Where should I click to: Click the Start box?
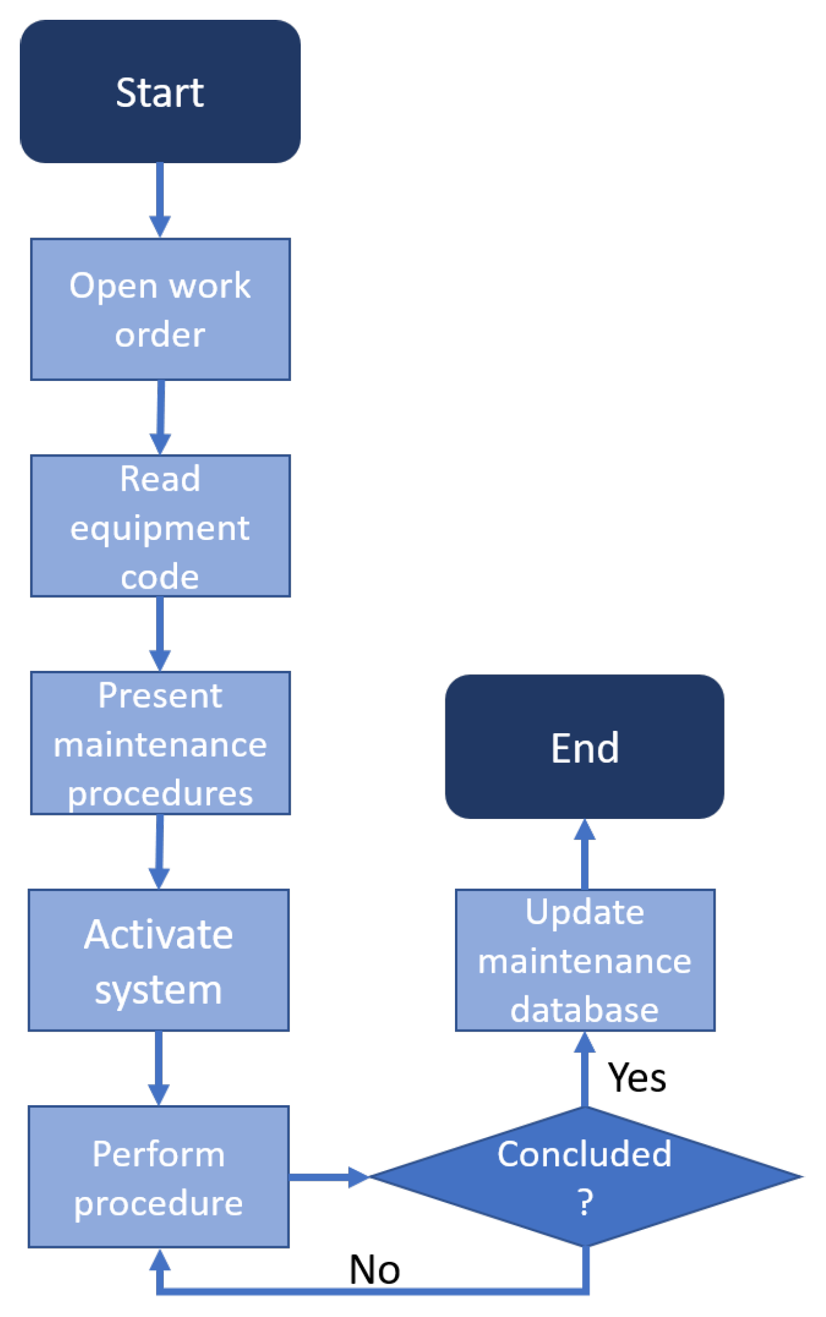pyautogui.click(x=160, y=91)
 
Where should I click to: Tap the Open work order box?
pyautogui.click(x=160, y=309)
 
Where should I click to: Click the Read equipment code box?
pyautogui.click(x=160, y=526)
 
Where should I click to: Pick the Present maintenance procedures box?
pyautogui.click(x=160, y=743)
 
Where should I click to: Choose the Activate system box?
pyautogui.click(x=158, y=959)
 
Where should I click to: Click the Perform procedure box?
pyautogui.click(x=158, y=1177)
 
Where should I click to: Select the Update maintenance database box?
pyautogui.click(x=585, y=959)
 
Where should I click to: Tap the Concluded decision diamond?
pyautogui.click(x=585, y=1175)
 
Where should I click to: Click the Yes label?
pyautogui.click(x=636, y=1078)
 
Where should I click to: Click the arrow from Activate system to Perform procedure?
pyautogui.click(x=158, y=1068)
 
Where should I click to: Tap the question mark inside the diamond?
pyautogui.click(x=585, y=1202)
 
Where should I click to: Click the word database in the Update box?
pyautogui.click(x=584, y=1009)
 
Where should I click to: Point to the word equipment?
pyautogui.click(x=160, y=528)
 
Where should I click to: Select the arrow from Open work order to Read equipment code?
pyautogui.click(x=160, y=416)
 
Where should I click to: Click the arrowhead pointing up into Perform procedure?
pyautogui.click(x=160, y=1259)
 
